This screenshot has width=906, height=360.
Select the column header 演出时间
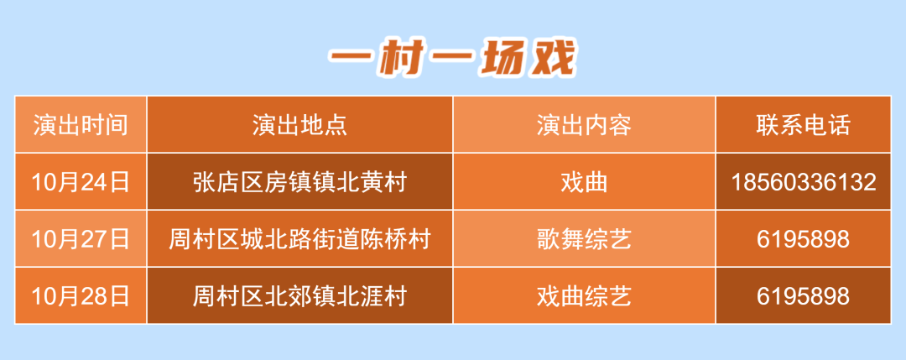coord(81,125)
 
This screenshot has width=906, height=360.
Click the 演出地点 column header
coord(299,125)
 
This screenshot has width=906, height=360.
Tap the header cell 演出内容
coord(584,125)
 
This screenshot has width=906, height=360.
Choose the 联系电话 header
coord(803,125)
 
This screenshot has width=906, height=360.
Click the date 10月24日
coord(81,182)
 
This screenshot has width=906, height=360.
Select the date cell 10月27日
coord(81,239)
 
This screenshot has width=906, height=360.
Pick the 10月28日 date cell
coord(81,295)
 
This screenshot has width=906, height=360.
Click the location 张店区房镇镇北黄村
coord(299,182)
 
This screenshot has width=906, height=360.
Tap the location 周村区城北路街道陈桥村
coord(299,239)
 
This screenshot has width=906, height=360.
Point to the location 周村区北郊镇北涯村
coord(299,295)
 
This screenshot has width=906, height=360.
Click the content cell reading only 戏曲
coord(584,182)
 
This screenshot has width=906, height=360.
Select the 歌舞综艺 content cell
coord(584,239)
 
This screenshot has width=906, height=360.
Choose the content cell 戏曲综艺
coord(584,295)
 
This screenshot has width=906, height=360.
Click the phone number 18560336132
coord(803,182)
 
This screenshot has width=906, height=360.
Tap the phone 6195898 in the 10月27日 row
coord(803,239)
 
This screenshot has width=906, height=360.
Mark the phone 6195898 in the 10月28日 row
coord(803,295)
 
